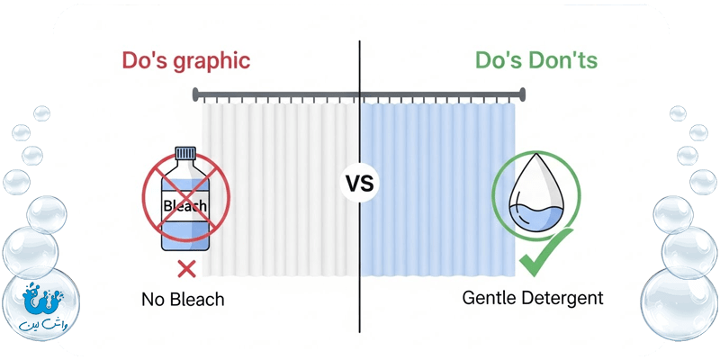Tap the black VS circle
click(361, 184)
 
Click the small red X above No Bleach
click(187, 266)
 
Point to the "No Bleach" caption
click(183, 298)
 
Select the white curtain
click(279, 189)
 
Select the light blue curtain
click(432, 189)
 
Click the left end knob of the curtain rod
click(195, 93)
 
